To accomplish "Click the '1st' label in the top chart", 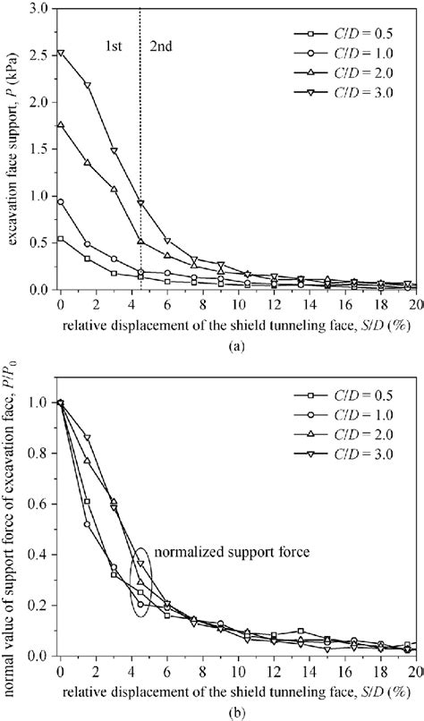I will click(x=114, y=41).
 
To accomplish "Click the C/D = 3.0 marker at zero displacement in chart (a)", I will click(x=60, y=53).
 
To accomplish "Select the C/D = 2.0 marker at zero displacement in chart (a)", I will click(x=60, y=125).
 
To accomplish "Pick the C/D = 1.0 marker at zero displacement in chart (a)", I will click(x=60, y=201).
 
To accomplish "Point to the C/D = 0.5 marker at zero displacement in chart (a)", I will click(x=60, y=239).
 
